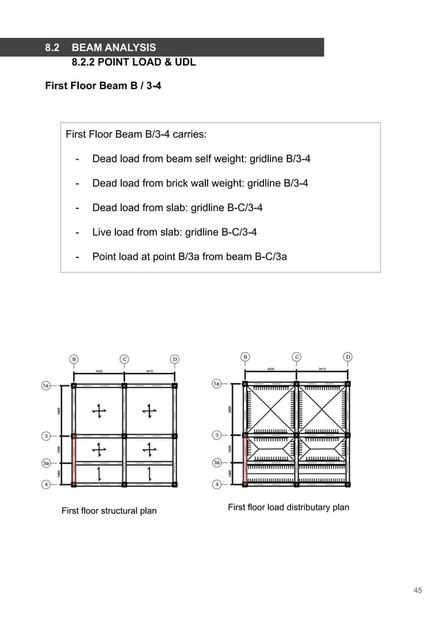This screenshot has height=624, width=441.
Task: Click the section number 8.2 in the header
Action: [x=52, y=48]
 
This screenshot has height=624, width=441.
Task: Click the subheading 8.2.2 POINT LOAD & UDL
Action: [x=133, y=62]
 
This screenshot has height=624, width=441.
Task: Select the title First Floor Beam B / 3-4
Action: [x=103, y=86]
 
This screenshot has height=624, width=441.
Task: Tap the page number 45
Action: [x=417, y=590]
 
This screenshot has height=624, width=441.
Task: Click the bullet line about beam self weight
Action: [x=200, y=158]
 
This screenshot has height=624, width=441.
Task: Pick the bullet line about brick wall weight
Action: [x=200, y=183]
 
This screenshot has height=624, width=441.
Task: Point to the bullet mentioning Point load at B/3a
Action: [x=189, y=257]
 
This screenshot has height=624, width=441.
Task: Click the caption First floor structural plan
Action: [x=109, y=511]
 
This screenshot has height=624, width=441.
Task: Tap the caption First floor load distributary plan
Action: [x=288, y=508]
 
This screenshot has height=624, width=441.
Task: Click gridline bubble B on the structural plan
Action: [x=74, y=359]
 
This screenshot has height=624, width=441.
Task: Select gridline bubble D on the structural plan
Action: [x=175, y=359]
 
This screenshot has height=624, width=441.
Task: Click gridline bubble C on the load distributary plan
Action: [x=297, y=357]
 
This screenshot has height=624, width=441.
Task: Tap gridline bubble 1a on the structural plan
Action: [x=46, y=385]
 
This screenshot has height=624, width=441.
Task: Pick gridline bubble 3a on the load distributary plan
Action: [x=217, y=463]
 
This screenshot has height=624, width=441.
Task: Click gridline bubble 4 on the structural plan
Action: [x=46, y=484]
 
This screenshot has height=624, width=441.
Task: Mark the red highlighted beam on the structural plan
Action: [x=74, y=460]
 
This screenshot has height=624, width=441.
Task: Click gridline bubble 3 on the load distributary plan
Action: [x=217, y=435]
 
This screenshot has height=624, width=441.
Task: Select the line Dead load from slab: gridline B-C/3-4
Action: [x=177, y=208]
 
